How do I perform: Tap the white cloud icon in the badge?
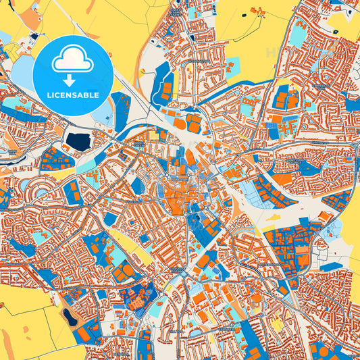point(73,61)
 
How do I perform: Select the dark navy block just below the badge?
point(78,141)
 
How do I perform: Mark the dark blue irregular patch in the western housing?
point(24,247)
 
